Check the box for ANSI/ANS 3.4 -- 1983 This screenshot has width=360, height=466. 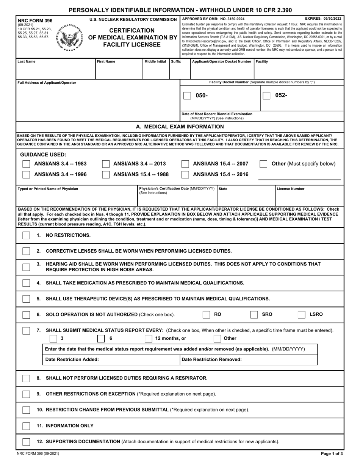[26, 164]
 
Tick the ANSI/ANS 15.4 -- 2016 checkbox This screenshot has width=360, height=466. [185, 175]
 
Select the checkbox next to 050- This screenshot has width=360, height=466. [187, 95]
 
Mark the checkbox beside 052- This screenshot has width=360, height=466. [266, 95]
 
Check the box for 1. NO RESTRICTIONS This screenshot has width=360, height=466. [26, 235]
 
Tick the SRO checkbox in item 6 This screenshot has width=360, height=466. [254, 314]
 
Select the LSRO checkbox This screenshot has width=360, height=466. [302, 314]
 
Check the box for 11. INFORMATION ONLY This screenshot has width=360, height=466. [26, 426]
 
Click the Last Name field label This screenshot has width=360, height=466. [27, 61]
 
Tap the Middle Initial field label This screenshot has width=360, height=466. [155, 61]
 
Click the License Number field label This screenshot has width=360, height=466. [291, 189]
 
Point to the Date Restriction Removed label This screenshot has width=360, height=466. [211, 360]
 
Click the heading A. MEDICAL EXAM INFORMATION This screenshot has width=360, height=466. [180, 127]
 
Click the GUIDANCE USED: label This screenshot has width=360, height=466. [43, 155]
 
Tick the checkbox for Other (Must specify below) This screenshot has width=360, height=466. [263, 164]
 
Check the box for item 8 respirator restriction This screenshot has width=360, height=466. [26, 378]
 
